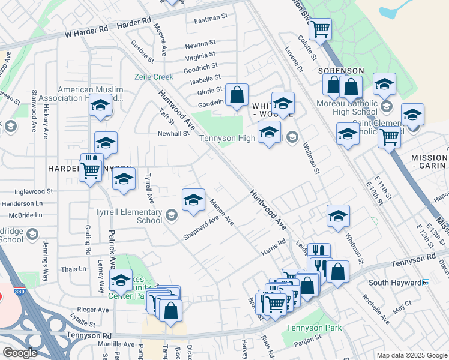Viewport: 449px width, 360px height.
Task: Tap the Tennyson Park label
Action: pos(313,328)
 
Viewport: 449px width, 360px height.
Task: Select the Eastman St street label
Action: pos(208,19)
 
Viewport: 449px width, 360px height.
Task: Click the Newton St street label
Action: pos(200,44)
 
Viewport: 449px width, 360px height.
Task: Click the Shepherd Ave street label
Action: pos(200,227)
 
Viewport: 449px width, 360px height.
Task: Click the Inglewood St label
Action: pos(34,192)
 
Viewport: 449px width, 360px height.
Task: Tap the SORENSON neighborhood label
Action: pos(341,71)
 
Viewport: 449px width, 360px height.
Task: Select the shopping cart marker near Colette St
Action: pos(320,28)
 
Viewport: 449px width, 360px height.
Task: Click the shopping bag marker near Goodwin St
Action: pos(237,95)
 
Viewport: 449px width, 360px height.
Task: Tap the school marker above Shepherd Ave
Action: pos(193,200)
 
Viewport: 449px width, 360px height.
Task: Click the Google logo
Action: pos(19,353)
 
